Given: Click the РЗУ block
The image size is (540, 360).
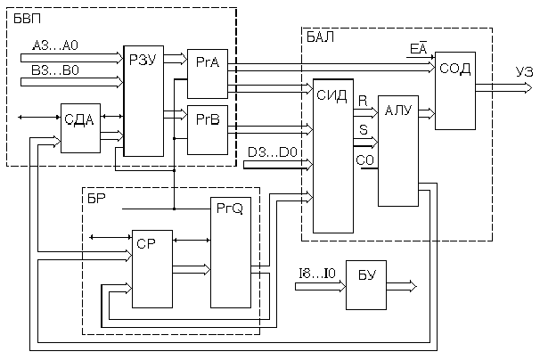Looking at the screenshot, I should [140, 100].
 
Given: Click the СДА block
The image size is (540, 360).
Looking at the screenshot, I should [80, 127].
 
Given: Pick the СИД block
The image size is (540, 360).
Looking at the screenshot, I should [332, 156].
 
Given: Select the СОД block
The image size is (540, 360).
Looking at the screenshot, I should [454, 90].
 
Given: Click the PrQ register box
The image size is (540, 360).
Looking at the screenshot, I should [229, 252].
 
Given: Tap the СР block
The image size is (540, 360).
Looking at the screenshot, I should [149, 268].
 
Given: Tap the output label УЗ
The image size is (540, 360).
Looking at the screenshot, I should [525, 72].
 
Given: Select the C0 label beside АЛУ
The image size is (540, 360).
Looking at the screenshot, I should [364, 160].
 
